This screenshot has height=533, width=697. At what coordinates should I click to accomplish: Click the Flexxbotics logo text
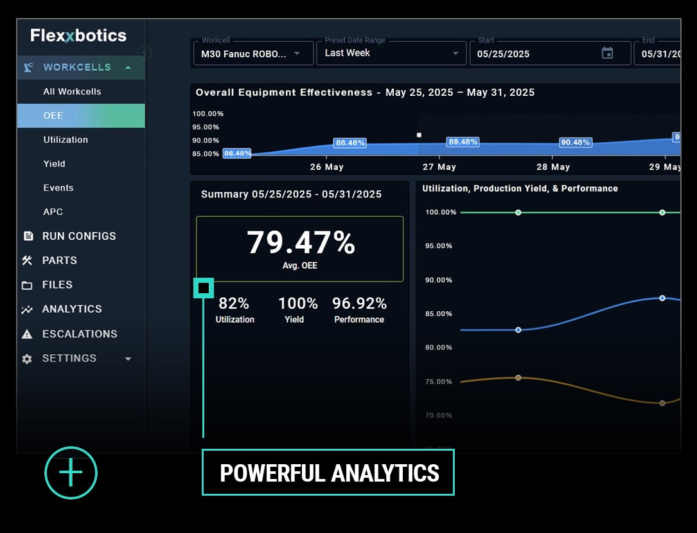78,35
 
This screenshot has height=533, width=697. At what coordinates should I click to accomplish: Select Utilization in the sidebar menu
66,140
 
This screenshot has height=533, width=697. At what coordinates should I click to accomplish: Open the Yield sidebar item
54,164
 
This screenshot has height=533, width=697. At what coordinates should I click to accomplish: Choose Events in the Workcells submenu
58,188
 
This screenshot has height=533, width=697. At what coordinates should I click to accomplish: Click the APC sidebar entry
53,212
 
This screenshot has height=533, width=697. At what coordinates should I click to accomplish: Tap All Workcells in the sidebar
72,91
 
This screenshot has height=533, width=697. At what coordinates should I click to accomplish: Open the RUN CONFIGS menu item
79,236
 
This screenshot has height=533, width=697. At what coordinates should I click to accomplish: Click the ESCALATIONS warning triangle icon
27,334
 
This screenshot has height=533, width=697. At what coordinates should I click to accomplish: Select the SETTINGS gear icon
27,359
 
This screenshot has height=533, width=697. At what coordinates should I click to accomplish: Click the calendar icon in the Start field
607,53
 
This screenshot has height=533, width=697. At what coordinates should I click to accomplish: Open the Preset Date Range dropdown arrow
455,53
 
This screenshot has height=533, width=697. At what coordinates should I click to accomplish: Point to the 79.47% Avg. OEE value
300,243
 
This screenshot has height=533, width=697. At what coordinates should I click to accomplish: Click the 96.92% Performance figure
359,303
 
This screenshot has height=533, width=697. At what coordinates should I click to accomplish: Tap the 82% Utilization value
234,303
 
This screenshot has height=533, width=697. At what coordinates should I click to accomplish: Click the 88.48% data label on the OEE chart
350,143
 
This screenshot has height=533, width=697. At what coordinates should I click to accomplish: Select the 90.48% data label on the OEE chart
575,143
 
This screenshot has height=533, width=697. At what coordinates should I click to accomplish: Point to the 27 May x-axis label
439,167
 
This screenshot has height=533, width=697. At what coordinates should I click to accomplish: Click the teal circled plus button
71,473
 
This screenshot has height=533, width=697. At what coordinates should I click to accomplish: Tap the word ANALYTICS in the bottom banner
385,473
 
